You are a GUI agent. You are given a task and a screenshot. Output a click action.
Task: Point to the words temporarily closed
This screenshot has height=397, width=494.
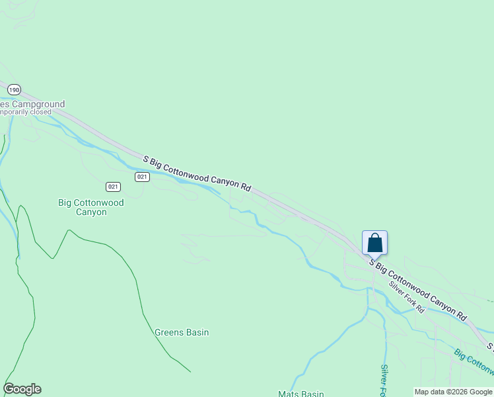(x=26, y=112)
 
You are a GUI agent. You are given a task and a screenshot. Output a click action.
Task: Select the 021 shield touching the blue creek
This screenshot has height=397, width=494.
(x=142, y=177)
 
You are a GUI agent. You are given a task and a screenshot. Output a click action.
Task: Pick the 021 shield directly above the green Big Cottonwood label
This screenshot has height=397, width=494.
(x=113, y=187)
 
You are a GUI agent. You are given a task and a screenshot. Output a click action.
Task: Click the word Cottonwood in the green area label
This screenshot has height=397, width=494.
(x=99, y=202)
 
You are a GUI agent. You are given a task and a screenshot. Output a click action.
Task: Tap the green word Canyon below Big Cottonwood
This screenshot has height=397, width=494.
(x=91, y=212)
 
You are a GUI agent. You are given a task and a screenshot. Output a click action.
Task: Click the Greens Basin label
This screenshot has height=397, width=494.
(x=182, y=332)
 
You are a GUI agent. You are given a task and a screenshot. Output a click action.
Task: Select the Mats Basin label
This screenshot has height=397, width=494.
(x=301, y=394)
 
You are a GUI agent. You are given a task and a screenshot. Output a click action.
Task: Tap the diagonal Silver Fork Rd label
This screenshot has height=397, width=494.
(x=406, y=297)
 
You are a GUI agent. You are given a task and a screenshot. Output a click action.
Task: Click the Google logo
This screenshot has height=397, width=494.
(x=22, y=389)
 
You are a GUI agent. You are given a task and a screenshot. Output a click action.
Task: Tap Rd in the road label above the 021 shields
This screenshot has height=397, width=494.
(x=245, y=187)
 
